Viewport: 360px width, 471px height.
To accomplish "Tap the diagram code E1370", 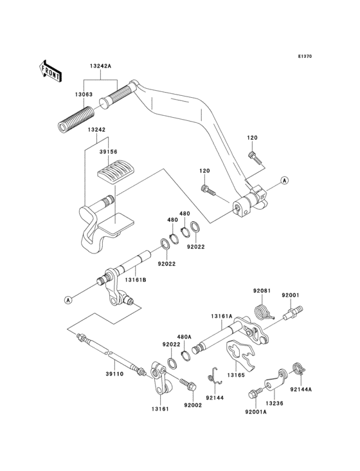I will pos(305,57).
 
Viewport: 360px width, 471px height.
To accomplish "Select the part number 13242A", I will pos(100,66).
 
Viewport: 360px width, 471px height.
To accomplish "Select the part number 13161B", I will pos(136,280).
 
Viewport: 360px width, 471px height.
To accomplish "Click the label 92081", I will pos(262,291).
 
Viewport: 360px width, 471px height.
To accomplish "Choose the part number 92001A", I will pos(255,411).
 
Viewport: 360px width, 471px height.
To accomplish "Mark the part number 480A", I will pos(184,337).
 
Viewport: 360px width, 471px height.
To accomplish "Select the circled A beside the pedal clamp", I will pos(283,182).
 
